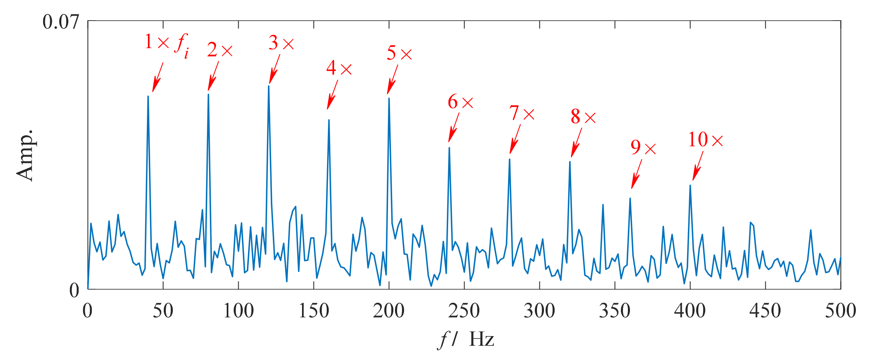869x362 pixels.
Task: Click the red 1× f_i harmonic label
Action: (166, 44)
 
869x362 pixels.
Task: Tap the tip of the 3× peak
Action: (269, 86)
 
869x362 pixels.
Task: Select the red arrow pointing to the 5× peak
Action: (393, 79)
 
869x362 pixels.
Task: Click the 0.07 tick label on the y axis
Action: (60, 21)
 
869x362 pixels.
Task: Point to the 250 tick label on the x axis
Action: (464, 311)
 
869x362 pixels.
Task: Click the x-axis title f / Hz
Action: (465, 340)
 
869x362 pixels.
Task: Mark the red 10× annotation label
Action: (705, 140)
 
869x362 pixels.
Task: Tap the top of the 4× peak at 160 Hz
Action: (329, 120)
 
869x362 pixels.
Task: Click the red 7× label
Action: (522, 114)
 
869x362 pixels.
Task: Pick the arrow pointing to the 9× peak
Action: (637, 174)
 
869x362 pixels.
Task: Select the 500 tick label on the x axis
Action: (840, 311)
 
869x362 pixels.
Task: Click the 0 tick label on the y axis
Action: (74, 290)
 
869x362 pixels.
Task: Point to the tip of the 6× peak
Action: (449, 147)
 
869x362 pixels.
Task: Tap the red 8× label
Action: (583, 117)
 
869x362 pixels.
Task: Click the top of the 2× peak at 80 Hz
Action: (208, 94)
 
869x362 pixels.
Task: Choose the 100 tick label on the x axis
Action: (238, 311)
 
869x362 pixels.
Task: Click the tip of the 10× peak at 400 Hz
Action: (690, 185)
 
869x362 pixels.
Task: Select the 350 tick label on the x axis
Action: (615, 311)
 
